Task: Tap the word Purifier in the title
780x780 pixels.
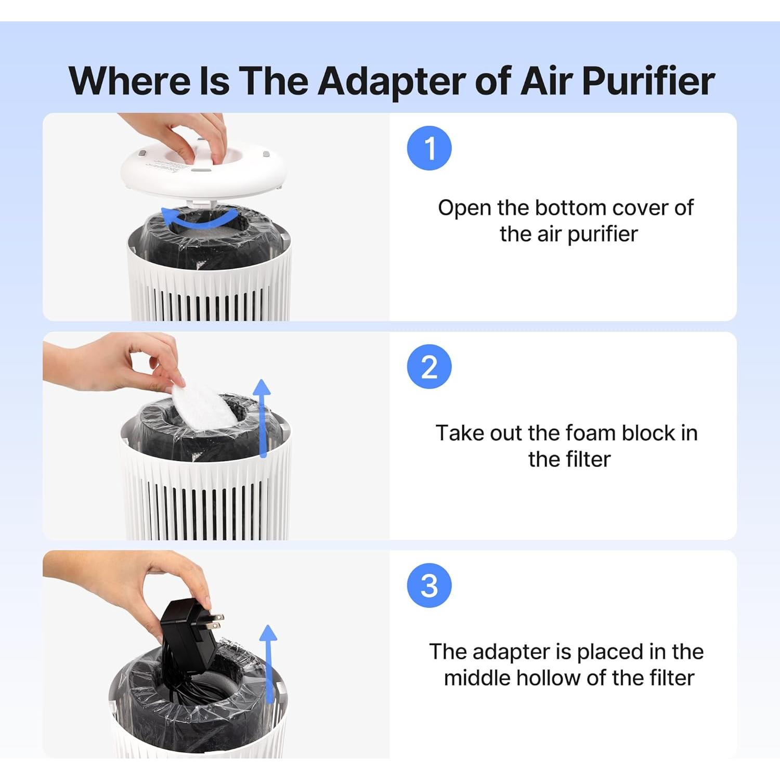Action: pos(648,81)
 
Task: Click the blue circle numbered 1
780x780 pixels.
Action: pos(429,148)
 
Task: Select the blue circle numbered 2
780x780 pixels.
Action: pos(429,367)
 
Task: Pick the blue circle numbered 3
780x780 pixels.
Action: pos(429,585)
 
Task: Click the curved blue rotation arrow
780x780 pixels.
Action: pos(200,222)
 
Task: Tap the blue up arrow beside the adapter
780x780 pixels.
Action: pos(268,664)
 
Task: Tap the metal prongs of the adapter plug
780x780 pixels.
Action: pos(214,621)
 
